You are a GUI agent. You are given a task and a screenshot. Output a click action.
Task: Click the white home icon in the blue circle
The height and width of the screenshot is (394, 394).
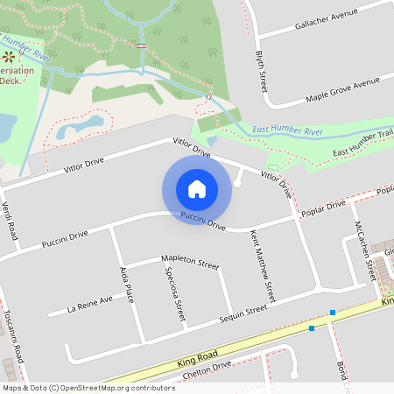(x=197, y=188)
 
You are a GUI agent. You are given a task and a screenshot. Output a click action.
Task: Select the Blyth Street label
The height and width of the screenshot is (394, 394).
(x=261, y=71)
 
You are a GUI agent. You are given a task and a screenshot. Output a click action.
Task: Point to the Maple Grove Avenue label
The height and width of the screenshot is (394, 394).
(x=342, y=89)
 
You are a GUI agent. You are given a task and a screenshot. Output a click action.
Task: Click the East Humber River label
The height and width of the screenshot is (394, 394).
(x=287, y=131)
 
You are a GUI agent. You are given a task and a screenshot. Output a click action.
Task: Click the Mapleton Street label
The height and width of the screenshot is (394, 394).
(x=189, y=261)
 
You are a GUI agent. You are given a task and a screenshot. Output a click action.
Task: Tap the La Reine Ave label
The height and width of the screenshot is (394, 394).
(x=91, y=304)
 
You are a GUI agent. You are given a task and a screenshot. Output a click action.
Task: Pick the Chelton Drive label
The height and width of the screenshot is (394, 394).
(x=204, y=369)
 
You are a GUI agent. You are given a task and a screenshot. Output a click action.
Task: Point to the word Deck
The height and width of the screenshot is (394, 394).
(x=10, y=80)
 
